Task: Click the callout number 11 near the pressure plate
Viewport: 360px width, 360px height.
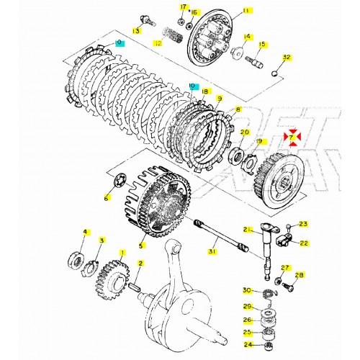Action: click(227, 11)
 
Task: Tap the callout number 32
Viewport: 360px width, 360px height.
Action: click(286, 58)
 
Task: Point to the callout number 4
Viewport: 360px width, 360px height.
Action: click(85, 232)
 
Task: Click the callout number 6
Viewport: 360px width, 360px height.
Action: click(107, 198)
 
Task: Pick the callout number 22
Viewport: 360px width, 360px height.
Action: click(304, 243)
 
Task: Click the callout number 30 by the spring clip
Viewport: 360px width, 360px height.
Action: click(247, 291)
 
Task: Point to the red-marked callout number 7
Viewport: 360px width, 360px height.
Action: click(293, 135)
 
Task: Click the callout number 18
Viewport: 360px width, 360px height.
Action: click(206, 91)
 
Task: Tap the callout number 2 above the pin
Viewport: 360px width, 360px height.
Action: click(140, 264)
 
